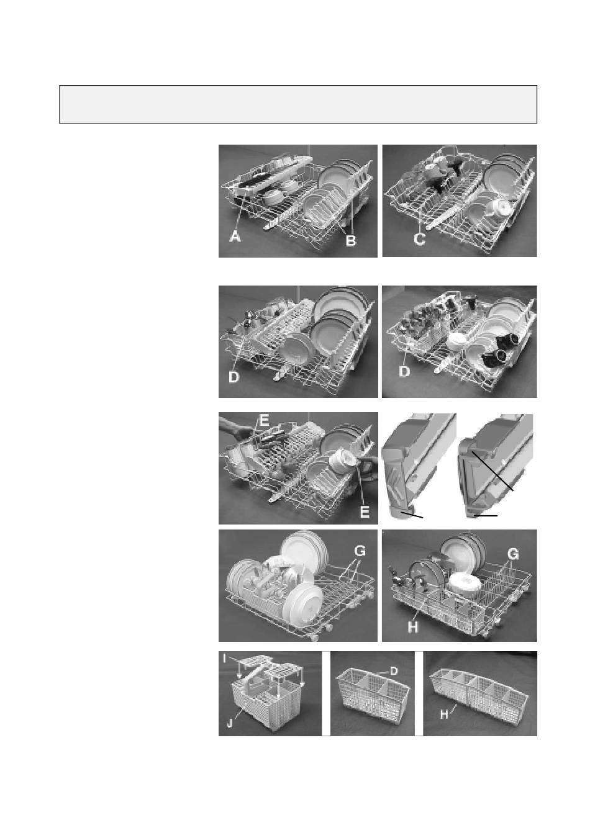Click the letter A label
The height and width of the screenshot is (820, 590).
pos(235,237)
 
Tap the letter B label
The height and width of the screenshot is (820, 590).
pos(350,240)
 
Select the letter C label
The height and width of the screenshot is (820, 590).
pos(419,239)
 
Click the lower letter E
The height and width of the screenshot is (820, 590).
pos(365,511)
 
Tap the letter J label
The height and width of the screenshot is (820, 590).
pos(230,723)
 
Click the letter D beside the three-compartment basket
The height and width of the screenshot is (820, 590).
pos(394,670)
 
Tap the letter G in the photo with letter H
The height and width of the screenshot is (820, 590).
pos(514,554)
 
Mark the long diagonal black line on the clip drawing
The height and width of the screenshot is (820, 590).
pos(492,471)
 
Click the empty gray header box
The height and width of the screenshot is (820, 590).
pos(297,104)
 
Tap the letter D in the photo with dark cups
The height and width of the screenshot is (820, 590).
pos(404,372)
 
